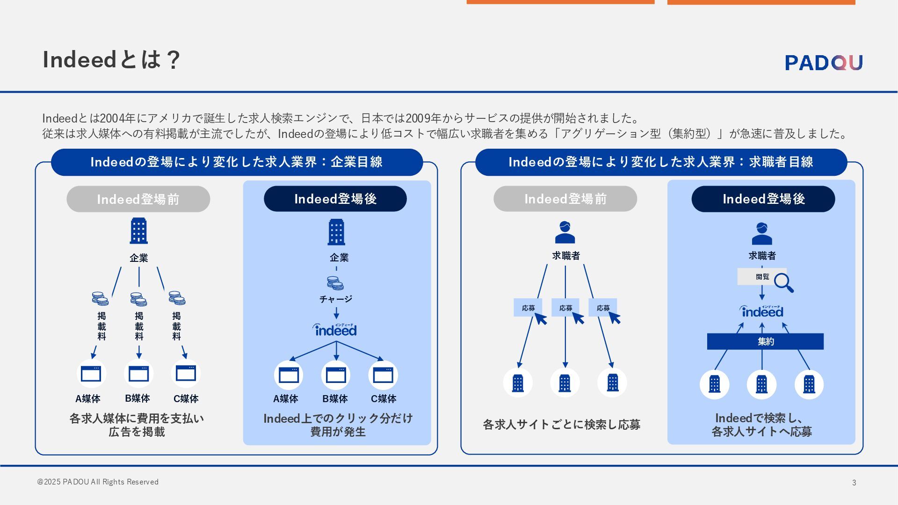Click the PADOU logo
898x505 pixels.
[x=823, y=62]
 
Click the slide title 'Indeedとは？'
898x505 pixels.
[x=111, y=60]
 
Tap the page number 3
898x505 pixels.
[x=854, y=483]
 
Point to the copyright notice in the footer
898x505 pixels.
[x=98, y=482]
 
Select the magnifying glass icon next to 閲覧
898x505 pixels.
[x=783, y=282]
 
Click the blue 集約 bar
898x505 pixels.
[x=765, y=341]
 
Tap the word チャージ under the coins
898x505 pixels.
[x=336, y=299]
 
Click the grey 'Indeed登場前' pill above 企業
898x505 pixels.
[x=138, y=199]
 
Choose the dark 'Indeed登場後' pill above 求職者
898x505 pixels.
[x=763, y=199]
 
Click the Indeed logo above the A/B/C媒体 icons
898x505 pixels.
[x=335, y=330]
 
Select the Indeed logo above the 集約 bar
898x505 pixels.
[x=761, y=311]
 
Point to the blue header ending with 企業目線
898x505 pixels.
[x=237, y=162]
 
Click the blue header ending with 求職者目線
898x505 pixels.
[x=661, y=162]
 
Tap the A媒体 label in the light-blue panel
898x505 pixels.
[x=285, y=399]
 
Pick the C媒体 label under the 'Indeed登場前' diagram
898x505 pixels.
[x=186, y=399]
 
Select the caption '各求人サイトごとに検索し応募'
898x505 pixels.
[x=561, y=425]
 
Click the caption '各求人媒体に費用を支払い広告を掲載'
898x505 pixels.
[x=137, y=425]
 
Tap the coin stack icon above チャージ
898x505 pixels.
[x=335, y=283]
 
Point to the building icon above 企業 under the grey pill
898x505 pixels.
[x=138, y=231]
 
